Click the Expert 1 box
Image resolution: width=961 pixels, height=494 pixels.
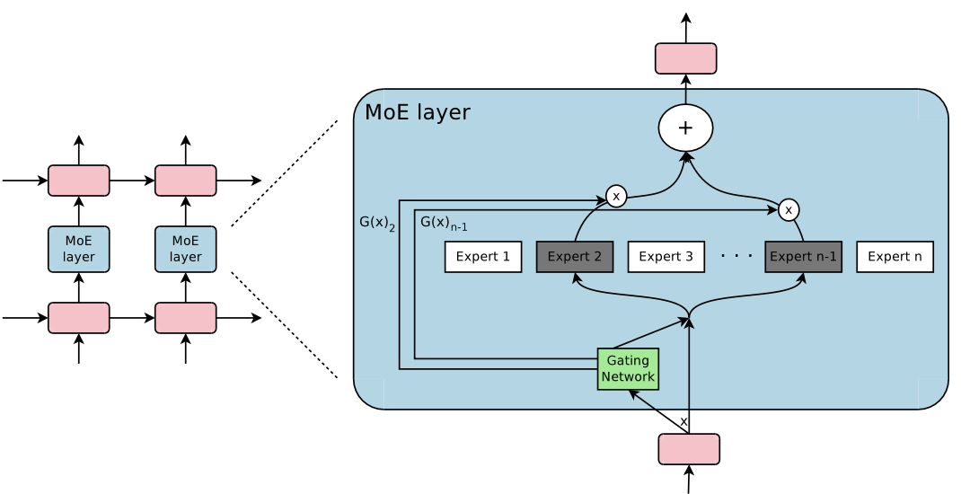483,257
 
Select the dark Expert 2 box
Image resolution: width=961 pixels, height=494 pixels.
575,257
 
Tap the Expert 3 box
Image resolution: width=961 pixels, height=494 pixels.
666,257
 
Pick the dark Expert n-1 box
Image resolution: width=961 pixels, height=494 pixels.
804,257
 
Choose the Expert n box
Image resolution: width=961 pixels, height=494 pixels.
895,257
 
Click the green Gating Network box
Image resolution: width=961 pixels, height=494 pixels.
628,369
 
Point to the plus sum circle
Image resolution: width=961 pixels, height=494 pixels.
685,128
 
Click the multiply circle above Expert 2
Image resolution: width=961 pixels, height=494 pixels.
616,196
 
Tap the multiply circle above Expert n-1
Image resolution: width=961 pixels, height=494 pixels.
789,210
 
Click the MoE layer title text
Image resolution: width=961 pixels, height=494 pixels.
418,112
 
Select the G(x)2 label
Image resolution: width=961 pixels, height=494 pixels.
377,223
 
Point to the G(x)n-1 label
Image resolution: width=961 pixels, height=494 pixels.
443,222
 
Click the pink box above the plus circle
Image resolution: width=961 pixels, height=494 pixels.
685,58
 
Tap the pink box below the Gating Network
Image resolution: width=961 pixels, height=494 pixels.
689,449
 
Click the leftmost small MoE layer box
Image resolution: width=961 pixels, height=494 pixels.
79,249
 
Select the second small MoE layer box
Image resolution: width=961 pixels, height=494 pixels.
186,249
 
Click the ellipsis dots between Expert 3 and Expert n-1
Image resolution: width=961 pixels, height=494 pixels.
736,256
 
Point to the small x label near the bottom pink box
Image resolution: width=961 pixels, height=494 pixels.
683,420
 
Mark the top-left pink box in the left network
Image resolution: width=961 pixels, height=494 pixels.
79,181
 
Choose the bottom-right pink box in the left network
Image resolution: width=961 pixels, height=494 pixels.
186,318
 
